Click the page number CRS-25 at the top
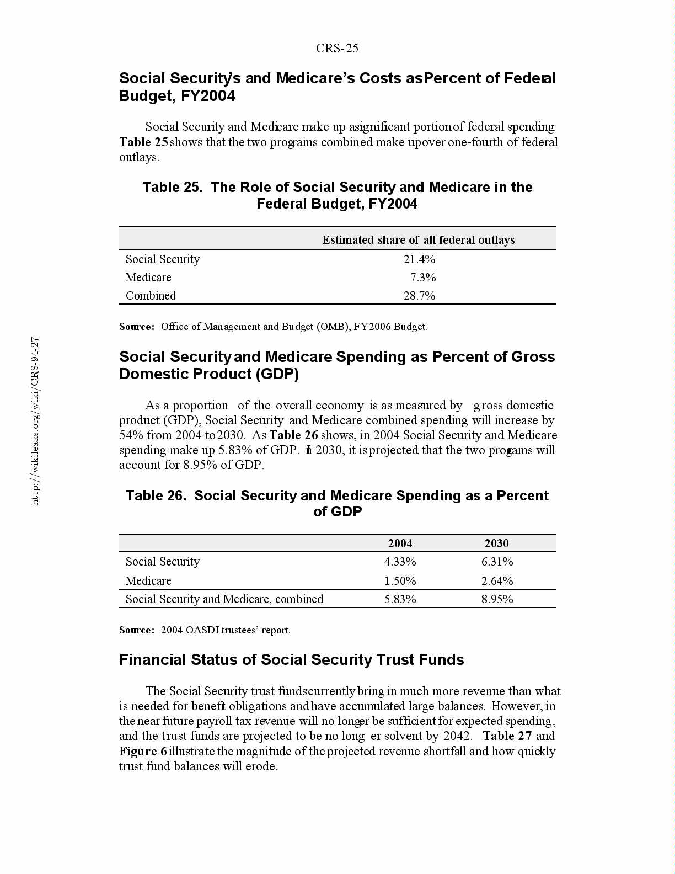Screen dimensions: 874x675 click(337, 49)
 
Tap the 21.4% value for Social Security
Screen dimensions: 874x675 click(419, 259)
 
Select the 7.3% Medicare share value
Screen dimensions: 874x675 click(423, 278)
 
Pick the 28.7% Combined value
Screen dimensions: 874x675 click(419, 296)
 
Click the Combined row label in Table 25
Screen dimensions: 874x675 click(151, 296)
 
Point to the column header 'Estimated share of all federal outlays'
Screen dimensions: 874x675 click(418, 240)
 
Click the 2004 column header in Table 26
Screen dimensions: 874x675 click(400, 543)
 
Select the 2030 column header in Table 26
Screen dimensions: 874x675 click(496, 543)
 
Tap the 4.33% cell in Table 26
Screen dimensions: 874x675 click(400, 562)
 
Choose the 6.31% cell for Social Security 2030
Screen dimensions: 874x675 click(497, 562)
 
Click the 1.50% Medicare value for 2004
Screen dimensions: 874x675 click(400, 581)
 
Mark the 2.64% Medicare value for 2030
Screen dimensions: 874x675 click(497, 581)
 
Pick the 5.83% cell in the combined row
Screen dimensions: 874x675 click(400, 599)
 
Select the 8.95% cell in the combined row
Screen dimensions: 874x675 click(497, 599)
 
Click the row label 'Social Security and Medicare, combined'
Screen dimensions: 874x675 click(224, 599)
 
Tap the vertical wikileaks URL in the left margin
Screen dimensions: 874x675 click(35, 421)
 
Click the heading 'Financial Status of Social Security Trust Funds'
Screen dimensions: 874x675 click(291, 660)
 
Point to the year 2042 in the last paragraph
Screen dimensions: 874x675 click(457, 736)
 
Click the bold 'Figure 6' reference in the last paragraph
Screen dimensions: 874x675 click(143, 752)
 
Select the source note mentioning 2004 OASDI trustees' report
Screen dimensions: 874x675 click(205, 630)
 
